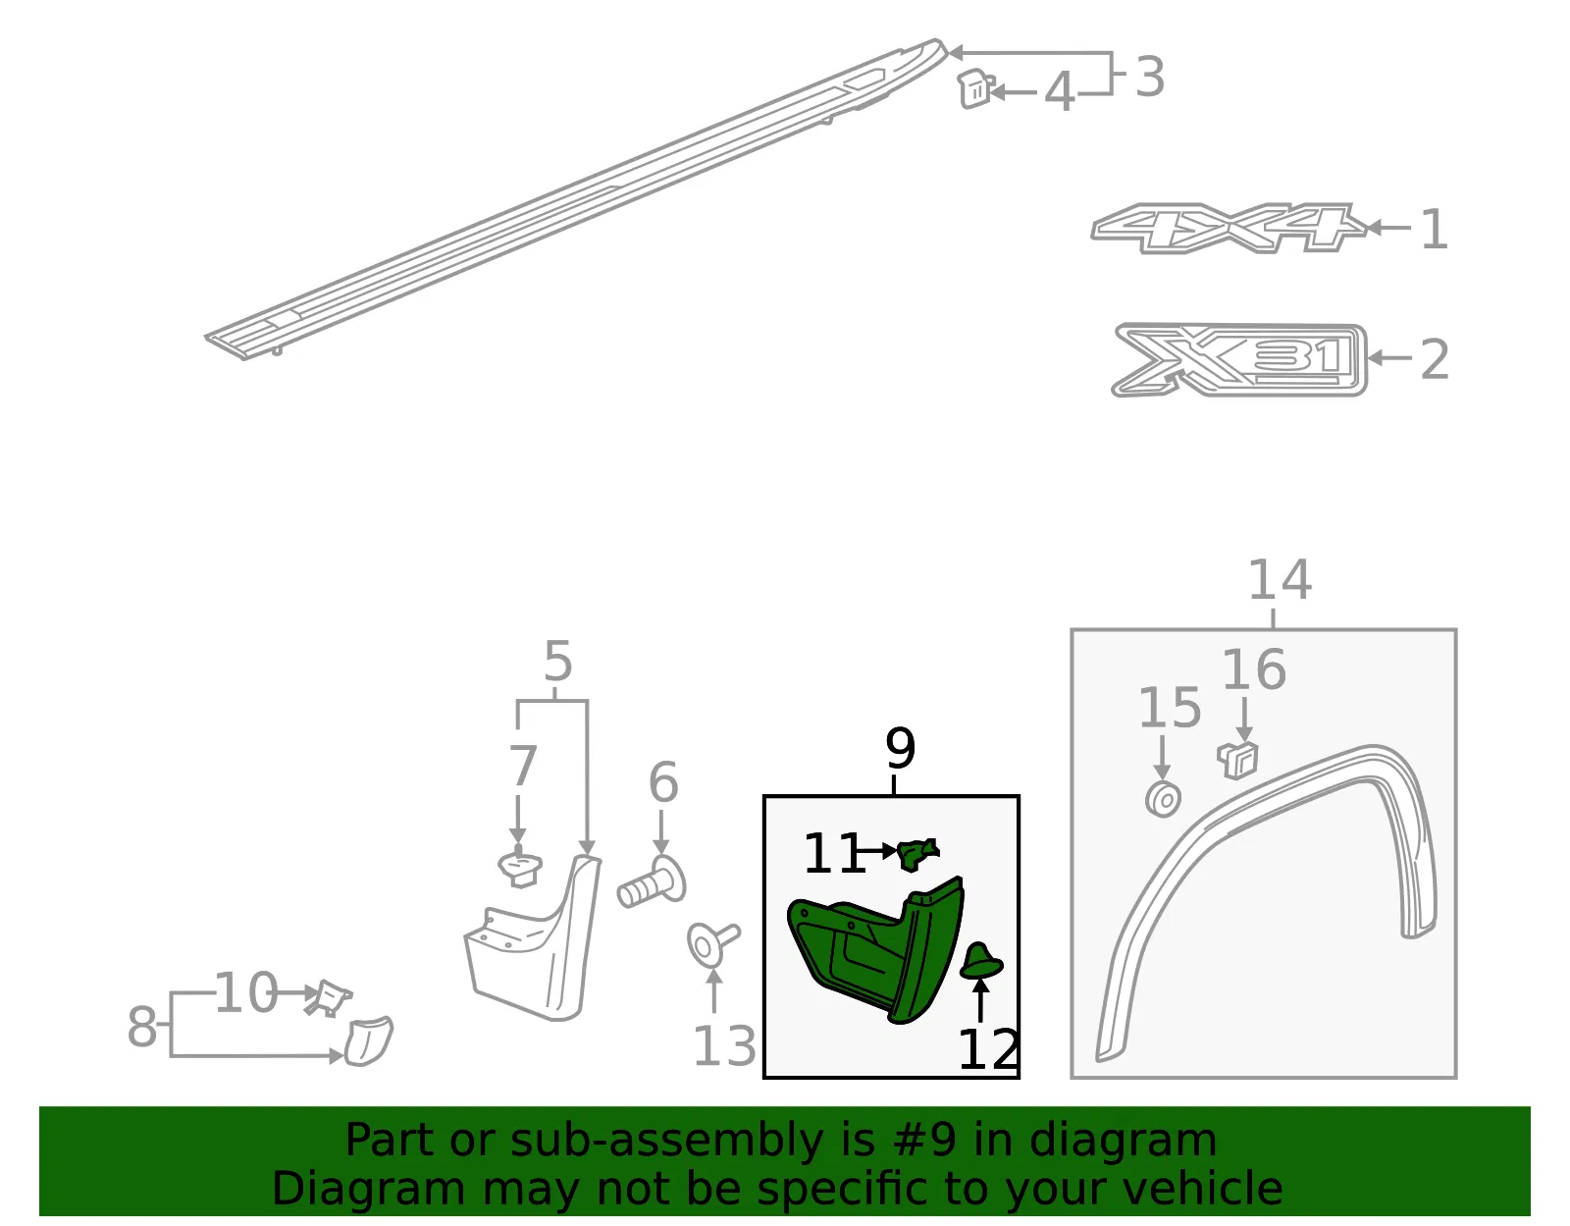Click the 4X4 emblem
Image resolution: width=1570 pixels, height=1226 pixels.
click(1229, 229)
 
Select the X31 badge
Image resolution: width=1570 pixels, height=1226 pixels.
click(1239, 360)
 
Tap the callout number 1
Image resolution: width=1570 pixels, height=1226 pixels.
click(1435, 230)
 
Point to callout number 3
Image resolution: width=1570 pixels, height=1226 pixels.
click(1149, 77)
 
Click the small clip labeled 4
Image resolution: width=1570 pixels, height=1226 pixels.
click(976, 89)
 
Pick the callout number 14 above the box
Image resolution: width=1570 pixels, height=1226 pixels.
click(1280, 579)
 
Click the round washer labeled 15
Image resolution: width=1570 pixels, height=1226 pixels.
click(1163, 799)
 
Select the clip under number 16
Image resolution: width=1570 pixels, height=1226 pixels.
click(1238, 760)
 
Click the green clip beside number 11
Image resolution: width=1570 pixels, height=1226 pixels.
click(917, 854)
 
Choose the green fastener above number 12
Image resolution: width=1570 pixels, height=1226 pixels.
click(981, 962)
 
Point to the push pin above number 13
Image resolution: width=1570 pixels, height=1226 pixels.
click(712, 943)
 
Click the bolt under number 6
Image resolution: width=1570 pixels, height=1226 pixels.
click(652, 882)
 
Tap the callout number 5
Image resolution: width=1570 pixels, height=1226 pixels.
click(557, 661)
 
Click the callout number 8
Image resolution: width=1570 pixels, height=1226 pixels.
click(141, 1027)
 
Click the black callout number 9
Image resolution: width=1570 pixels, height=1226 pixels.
click(900, 749)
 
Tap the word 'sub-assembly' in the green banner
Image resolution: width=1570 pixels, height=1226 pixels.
click(666, 1141)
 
